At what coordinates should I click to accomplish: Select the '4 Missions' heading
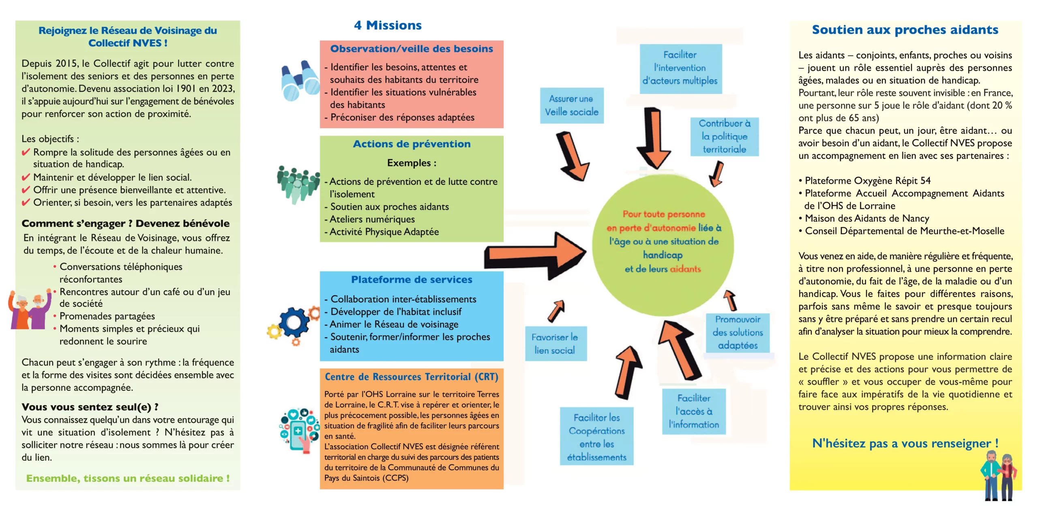tap(388, 26)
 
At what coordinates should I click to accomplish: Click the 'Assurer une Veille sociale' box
tap(572, 105)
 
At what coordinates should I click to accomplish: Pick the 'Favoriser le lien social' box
tap(555, 343)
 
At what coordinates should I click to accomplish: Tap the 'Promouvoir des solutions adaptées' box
tap(738, 332)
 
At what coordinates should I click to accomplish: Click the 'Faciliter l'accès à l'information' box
tap(694, 411)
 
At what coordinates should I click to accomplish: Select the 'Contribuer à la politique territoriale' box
tap(725, 136)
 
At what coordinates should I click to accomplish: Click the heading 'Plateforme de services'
tap(412, 280)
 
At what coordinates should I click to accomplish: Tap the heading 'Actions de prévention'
tap(412, 144)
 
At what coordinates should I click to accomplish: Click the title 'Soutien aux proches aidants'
tap(905, 30)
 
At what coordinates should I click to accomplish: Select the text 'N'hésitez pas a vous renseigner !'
tap(905, 443)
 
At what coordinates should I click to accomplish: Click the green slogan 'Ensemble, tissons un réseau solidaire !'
tap(128, 478)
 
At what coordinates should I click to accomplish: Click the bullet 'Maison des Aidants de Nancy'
tap(867, 219)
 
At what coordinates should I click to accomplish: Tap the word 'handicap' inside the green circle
tap(663, 255)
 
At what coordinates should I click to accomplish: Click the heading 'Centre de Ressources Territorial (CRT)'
tap(412, 377)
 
